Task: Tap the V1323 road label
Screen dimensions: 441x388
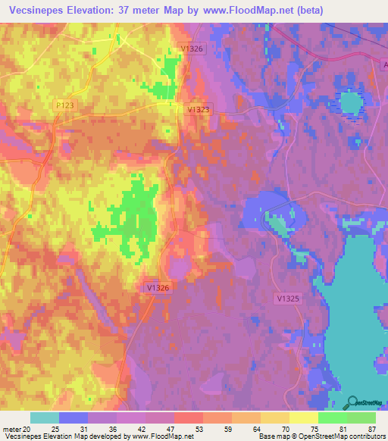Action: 199,110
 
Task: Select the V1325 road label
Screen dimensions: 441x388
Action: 288,299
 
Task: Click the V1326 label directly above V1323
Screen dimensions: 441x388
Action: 192,49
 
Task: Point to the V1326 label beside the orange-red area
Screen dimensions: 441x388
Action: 158,288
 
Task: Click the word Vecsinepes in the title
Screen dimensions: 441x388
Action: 33,11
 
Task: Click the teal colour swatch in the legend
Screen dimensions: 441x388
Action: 44,418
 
